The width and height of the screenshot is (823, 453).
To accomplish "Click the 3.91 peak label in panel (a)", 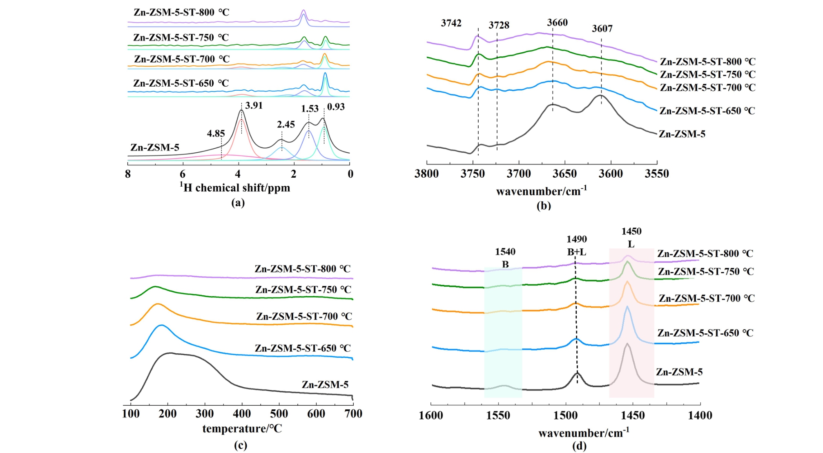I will [x=254, y=106].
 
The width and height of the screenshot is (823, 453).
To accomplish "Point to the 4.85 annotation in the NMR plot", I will [x=216, y=134].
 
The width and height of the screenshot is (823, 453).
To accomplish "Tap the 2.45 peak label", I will [x=285, y=125].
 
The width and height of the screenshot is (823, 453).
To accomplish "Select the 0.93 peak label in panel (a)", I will [x=336, y=107].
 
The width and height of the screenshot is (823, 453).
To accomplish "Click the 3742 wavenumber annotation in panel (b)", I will [x=451, y=23].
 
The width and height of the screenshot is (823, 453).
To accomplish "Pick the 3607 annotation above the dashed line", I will [x=602, y=29].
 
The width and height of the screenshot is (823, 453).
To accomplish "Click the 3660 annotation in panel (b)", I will [x=557, y=22].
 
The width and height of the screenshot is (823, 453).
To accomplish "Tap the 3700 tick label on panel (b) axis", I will [x=519, y=174].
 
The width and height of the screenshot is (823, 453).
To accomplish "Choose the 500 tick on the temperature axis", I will [x=279, y=414].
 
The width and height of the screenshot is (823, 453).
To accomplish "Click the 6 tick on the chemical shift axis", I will [x=183, y=174].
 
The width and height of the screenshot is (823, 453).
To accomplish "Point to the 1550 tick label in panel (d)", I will [x=498, y=416].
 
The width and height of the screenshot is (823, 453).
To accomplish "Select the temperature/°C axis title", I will [x=242, y=428].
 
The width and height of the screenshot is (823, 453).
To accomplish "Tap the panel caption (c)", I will [x=241, y=445].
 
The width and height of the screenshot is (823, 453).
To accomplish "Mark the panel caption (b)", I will [x=544, y=205].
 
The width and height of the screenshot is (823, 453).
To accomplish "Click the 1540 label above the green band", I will [x=505, y=252].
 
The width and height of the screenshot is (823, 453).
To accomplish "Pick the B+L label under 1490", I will [x=576, y=252].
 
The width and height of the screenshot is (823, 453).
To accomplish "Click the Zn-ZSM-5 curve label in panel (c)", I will [x=325, y=384].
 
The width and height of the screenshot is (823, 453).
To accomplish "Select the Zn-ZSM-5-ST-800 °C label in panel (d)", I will [x=705, y=254].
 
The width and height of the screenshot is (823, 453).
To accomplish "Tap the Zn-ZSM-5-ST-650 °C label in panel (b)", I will [x=707, y=111].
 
